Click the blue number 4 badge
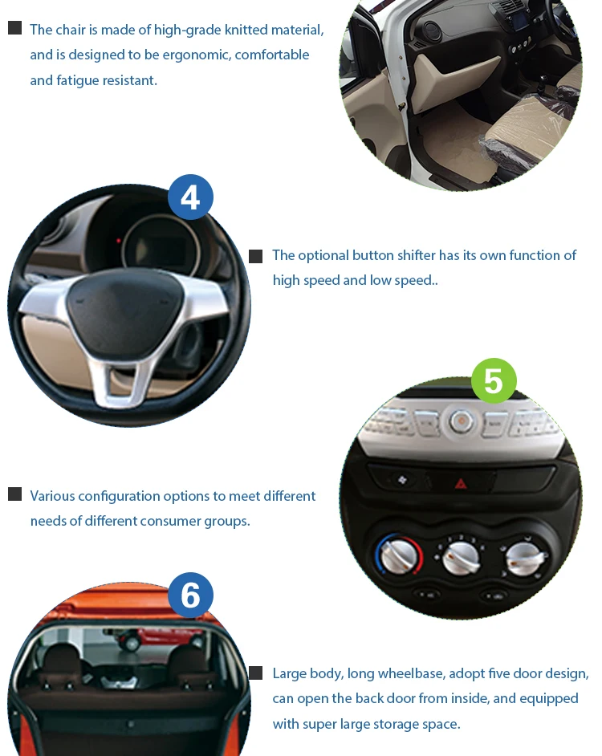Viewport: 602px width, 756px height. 190,197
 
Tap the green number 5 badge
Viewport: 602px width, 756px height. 493,381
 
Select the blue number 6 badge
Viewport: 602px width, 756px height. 190,595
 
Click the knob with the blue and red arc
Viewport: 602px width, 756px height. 394,555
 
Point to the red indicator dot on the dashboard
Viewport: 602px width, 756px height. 119,241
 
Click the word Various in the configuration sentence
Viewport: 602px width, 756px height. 52,496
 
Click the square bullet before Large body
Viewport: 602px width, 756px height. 256,673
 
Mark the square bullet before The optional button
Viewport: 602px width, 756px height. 256,256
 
